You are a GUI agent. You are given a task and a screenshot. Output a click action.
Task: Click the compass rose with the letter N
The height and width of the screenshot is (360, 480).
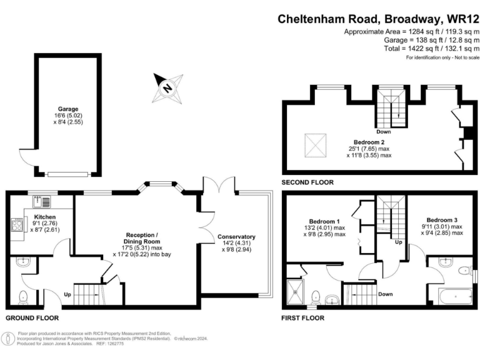coord(168,87)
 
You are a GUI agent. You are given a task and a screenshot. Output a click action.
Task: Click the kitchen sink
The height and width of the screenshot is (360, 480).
coord(42,201)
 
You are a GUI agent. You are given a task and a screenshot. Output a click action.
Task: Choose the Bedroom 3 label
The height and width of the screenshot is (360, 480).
coord(442,219)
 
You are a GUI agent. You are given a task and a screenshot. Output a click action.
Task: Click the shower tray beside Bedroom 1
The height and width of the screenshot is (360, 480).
coord(295,290)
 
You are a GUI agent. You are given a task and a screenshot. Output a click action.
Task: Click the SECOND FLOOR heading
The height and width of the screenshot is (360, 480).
coord(308,182)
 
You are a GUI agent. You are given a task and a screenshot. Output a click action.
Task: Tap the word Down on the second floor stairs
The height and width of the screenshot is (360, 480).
coord(384,132)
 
